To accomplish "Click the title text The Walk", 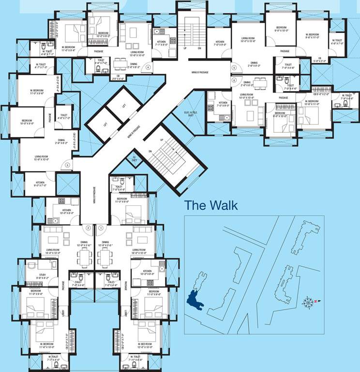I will point(211,205).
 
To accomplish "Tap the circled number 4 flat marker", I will point(148,67).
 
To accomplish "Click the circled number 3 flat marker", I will point(67,165).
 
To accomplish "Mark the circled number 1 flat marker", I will point(101,227).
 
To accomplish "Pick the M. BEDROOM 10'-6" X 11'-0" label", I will point(315,103).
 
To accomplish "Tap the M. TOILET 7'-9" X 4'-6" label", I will point(347,96).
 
